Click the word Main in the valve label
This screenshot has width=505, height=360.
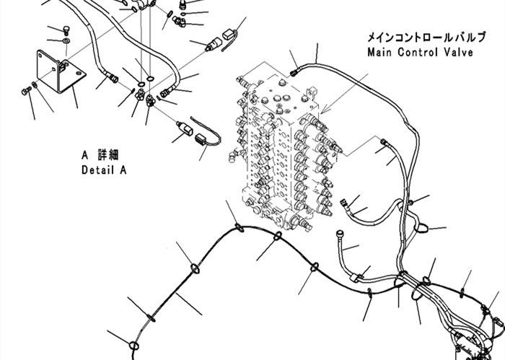click(x=379, y=52)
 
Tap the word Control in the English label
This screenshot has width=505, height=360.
click(x=418, y=52)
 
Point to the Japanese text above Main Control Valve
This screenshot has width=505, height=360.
click(x=426, y=37)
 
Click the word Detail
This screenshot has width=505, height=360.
click(x=100, y=170)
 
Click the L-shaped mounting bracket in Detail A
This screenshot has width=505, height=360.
click(x=61, y=71)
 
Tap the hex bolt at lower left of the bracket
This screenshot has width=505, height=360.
click(x=26, y=91)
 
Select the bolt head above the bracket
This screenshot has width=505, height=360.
click(x=66, y=30)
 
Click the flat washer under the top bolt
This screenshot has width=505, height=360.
click(x=66, y=41)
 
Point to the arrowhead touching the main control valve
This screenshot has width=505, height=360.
click(x=323, y=111)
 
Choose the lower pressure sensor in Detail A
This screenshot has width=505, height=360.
click(x=185, y=128)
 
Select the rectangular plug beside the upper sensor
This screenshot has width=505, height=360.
click(x=229, y=35)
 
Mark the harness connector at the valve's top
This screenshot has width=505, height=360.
click(x=294, y=73)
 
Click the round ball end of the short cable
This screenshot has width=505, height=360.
click(x=341, y=233)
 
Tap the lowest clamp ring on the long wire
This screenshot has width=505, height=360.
click(x=133, y=346)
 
